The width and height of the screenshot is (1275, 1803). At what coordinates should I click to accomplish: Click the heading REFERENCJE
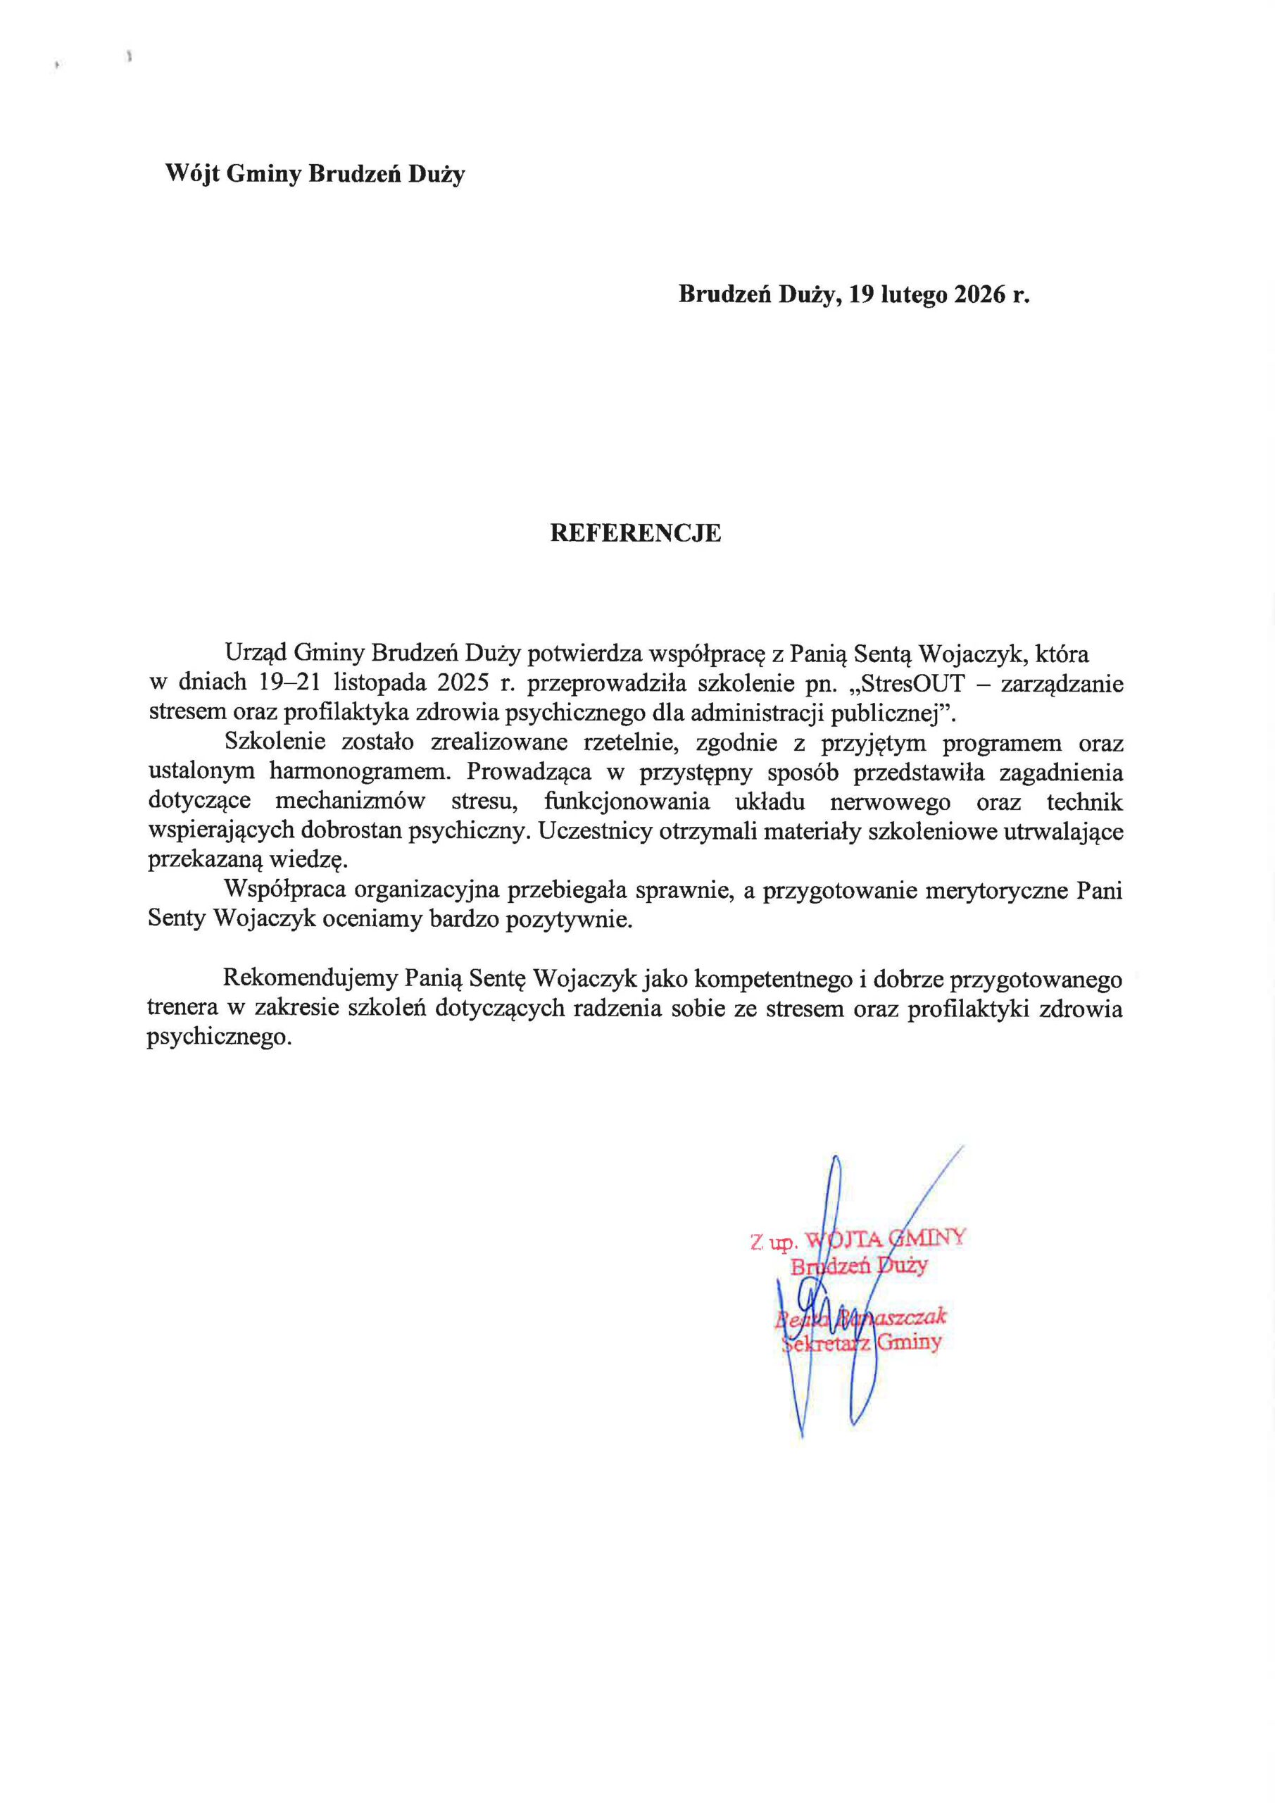635,533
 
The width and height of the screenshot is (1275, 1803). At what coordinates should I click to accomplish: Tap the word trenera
182,1009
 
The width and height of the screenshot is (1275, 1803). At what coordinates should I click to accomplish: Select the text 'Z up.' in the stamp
773,1243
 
